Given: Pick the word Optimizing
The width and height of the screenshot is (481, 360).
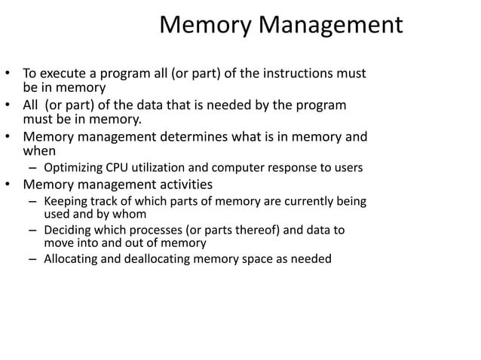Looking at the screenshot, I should point(73,168).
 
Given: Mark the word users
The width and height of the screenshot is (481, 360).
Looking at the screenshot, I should point(348,168).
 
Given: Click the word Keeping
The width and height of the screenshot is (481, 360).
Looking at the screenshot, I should point(66,202).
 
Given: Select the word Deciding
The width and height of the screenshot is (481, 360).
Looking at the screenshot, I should point(67,230).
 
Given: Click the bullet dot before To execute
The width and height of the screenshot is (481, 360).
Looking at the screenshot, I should point(9,75).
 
